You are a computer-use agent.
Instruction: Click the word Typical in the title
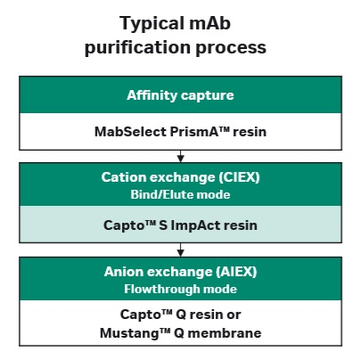click(151, 24)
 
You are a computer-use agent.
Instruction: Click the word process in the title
click(231, 48)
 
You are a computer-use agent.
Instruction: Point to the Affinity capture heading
click(180, 95)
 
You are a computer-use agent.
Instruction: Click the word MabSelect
click(130, 132)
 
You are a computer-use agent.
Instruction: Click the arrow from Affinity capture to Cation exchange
click(180, 156)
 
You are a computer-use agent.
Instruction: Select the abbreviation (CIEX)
click(239, 177)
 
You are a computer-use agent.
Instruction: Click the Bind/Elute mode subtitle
click(180, 194)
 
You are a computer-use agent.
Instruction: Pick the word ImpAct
click(196, 225)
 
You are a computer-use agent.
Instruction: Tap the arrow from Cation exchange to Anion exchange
click(180, 250)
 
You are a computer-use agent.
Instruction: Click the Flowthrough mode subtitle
click(180, 289)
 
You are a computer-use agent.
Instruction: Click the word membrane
click(225, 333)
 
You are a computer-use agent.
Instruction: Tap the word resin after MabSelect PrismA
click(250, 132)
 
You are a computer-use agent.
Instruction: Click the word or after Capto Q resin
click(233, 315)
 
